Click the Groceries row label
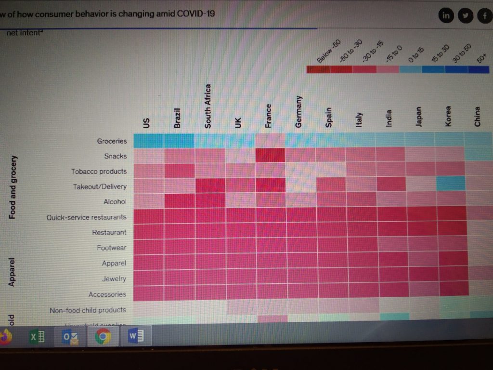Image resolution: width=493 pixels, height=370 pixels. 112,141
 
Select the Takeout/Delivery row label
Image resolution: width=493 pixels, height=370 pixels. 100,186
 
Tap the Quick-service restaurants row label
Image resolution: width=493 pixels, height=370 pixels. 86,217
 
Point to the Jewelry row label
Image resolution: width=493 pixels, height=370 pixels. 114,279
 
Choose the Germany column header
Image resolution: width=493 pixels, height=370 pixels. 298,111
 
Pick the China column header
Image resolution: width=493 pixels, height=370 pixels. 477,116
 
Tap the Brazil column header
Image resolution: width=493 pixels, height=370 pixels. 177,118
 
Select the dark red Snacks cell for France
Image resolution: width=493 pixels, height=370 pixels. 270,156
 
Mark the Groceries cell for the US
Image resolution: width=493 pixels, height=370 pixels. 148,141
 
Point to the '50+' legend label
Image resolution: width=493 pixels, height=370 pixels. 481,58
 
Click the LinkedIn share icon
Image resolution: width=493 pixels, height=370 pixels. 446,15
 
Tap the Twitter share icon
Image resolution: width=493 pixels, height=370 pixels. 465,15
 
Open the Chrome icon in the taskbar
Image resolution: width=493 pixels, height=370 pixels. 102,336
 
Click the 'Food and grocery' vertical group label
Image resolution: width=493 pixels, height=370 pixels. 13,187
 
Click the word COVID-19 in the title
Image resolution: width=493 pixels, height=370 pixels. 196,13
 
